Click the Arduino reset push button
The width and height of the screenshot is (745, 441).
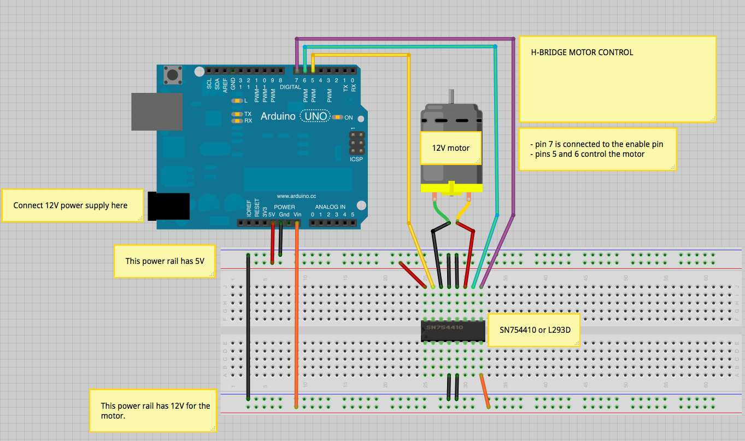click(x=174, y=75)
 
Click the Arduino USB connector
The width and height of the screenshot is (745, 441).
click(x=156, y=111)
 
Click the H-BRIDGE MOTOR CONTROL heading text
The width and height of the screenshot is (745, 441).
click(x=582, y=53)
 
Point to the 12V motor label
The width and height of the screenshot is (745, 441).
click(x=450, y=148)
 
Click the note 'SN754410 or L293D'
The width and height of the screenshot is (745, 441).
click(x=533, y=330)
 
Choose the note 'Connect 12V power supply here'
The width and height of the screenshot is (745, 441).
click(x=71, y=205)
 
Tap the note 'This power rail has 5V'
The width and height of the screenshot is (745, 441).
click(x=164, y=261)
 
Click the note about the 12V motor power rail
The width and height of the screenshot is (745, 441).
click(x=155, y=410)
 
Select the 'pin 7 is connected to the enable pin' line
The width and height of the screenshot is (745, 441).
click(x=596, y=144)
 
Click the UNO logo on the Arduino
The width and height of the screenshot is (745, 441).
click(x=315, y=116)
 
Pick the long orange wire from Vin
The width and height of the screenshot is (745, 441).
click(x=297, y=317)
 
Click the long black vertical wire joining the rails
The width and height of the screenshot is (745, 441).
click(x=248, y=328)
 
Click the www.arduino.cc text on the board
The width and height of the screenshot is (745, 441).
click(x=297, y=196)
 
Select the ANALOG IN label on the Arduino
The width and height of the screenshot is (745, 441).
click(x=330, y=207)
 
